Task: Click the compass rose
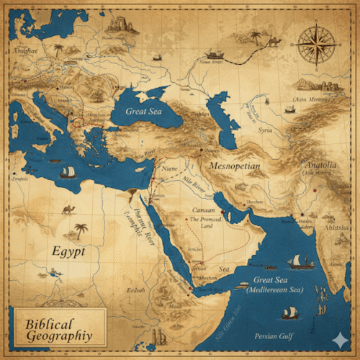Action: pos(315,45)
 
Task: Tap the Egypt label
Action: pos(68,252)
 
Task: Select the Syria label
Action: pos(266,130)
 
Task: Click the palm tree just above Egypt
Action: pos(81,230)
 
